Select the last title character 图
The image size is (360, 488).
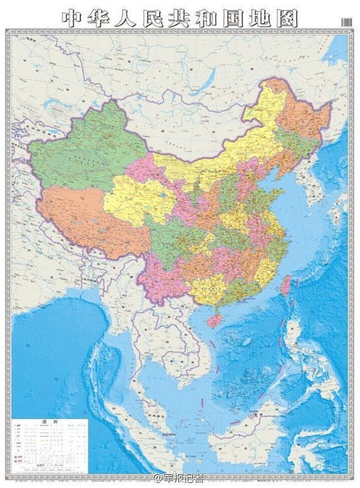287,17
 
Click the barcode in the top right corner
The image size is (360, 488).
347,21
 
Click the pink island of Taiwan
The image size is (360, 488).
286,285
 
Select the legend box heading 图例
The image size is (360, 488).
49,422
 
